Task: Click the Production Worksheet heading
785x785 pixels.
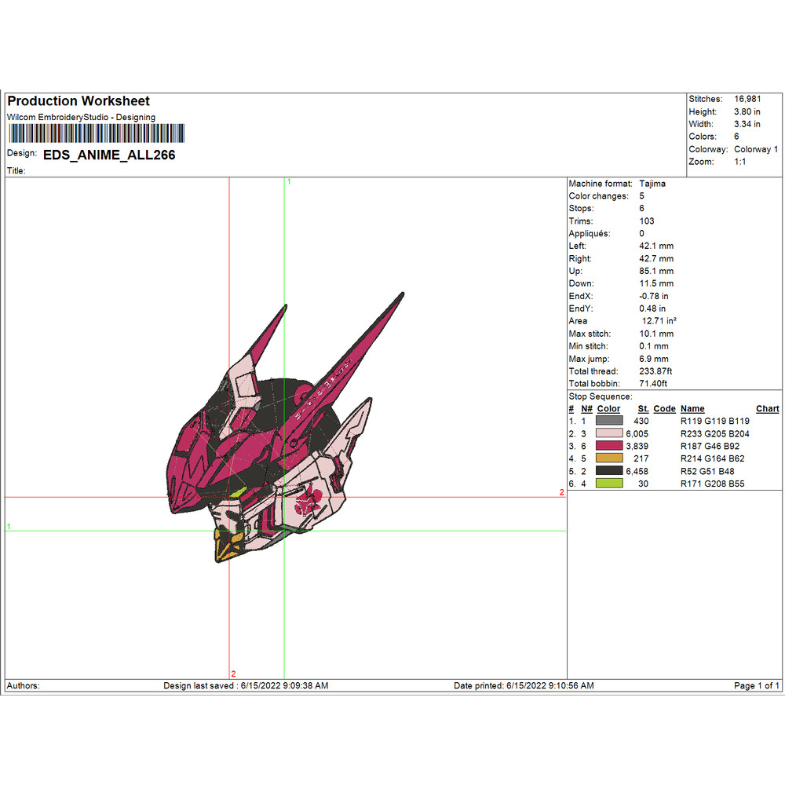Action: click(x=78, y=101)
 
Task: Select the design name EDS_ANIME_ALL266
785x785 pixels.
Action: click(x=109, y=155)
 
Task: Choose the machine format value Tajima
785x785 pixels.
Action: click(x=652, y=183)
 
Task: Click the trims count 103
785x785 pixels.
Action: click(x=647, y=221)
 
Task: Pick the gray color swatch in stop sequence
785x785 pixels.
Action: click(x=610, y=421)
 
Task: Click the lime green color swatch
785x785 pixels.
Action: click(x=610, y=484)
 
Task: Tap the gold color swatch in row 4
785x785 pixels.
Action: click(x=610, y=458)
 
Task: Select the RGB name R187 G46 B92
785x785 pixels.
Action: click(x=711, y=446)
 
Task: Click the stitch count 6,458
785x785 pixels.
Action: click(x=637, y=471)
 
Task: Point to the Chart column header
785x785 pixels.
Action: click(x=767, y=409)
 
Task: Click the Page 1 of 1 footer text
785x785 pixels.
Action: click(x=756, y=686)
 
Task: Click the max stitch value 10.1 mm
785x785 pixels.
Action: click(x=654, y=334)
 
